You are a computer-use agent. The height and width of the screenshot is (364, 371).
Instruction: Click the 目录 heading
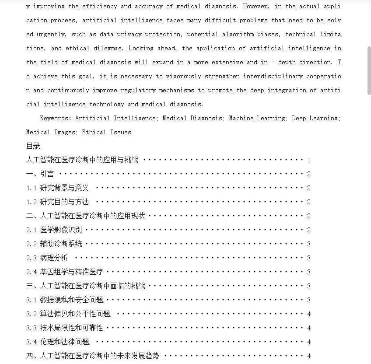pos(33,146)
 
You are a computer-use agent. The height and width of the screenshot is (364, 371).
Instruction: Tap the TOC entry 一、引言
pos(40,174)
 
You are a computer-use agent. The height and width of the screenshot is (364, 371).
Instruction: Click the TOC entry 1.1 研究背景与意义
pos(58,188)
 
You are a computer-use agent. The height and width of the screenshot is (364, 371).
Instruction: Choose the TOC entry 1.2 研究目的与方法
pos(58,202)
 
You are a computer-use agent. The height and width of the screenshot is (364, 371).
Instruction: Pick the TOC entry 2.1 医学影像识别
pos(54,230)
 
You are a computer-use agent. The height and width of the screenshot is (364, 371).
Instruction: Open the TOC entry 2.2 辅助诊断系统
pos(54,244)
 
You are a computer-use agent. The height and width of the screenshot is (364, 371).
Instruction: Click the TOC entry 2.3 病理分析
pos(47,258)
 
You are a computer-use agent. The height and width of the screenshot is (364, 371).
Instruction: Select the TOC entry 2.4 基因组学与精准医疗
pos(65,272)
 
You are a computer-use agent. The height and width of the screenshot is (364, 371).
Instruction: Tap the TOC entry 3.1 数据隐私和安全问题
pos(65,300)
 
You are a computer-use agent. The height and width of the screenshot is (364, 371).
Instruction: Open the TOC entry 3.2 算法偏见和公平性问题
pos(68,314)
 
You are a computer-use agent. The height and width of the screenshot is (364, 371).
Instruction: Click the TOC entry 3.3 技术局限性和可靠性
pos(65,328)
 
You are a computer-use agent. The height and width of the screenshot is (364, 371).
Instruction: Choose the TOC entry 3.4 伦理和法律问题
pos(58,342)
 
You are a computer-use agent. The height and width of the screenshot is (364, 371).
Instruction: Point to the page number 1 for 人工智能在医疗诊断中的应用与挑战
pos(309,160)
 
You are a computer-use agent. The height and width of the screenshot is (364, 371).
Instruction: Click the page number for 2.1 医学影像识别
pos(309,230)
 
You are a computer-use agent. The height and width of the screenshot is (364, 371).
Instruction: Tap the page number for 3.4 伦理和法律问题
pos(309,342)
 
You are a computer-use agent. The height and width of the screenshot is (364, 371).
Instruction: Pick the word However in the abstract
pos(256,6)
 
